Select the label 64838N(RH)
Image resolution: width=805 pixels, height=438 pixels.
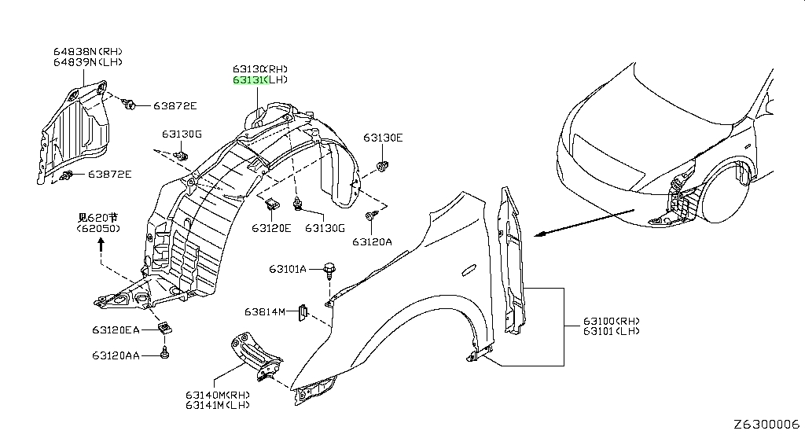[88, 51]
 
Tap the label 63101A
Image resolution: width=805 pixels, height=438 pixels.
[288, 269]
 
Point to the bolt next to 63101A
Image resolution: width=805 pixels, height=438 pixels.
[329, 270]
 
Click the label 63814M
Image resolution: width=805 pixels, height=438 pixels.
[264, 311]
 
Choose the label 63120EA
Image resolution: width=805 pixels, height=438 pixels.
[116, 329]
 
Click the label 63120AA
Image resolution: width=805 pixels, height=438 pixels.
[116, 355]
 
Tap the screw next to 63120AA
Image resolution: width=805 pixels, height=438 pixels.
[164, 353]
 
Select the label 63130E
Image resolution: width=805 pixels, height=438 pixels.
[383, 138]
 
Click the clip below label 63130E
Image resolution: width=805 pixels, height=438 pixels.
[383, 165]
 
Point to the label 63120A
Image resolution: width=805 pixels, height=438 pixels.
[372, 241]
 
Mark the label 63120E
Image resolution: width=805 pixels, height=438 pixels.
[271, 227]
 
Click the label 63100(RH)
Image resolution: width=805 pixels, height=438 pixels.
[612, 322]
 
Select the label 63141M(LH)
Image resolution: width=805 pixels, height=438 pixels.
[218, 405]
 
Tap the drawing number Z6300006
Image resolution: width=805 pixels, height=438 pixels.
[766, 425]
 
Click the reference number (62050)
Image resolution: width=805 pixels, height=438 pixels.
[98, 229]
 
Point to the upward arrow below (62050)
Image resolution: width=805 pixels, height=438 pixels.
[101, 245]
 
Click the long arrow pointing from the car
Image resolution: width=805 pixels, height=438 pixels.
[585, 223]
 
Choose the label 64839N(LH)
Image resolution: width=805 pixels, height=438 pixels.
[88, 61]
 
